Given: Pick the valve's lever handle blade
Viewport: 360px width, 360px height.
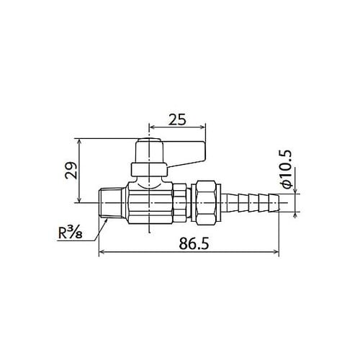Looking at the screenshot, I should (186, 151).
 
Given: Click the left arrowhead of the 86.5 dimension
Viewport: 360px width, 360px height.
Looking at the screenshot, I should (102, 252).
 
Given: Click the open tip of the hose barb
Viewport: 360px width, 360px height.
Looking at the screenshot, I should (277, 201).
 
